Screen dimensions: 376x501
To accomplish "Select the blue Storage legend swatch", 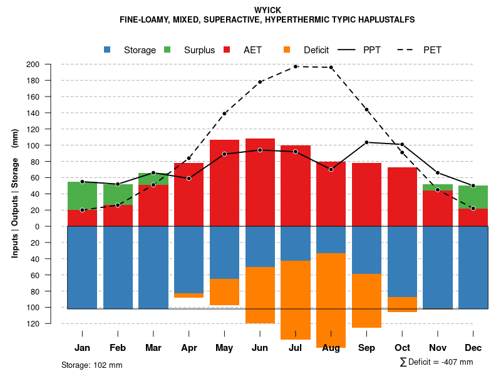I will point(108,50).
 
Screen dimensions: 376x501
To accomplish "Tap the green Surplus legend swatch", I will point(168,50).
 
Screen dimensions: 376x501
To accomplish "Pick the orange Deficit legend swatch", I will point(287,50).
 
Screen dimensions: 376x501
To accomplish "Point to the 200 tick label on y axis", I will point(50,64).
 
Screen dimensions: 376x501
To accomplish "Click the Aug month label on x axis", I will point(331,348).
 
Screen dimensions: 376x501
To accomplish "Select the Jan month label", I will point(82,348).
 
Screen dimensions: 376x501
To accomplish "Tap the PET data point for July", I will point(295,66).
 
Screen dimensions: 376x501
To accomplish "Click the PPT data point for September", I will point(366,142).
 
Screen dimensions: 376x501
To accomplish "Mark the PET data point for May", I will point(224,113).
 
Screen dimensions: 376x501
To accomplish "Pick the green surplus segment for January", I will point(82,196).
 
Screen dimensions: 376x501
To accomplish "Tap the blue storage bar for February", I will point(118,267).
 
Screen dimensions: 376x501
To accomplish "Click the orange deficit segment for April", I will point(189,295).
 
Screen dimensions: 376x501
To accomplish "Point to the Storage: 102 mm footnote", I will point(91,365).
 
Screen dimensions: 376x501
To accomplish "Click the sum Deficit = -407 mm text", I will point(436,362).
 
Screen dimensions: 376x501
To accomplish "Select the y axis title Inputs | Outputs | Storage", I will point(15,193).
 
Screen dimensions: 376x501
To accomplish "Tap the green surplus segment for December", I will point(473,197).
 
